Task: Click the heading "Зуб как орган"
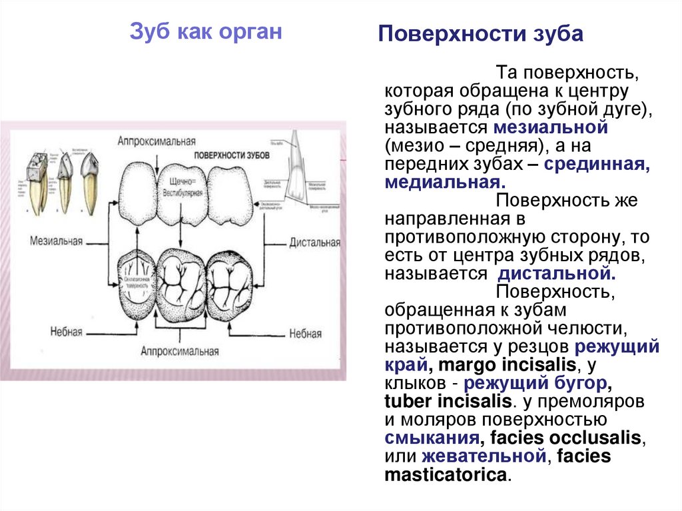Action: coord(205,32)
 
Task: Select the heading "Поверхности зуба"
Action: coord(480,35)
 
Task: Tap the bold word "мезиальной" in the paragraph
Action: coord(551,127)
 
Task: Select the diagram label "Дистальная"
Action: coord(314,242)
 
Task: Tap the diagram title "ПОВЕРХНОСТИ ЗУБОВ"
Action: coord(232,154)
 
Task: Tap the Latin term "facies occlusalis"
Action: coord(565,438)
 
